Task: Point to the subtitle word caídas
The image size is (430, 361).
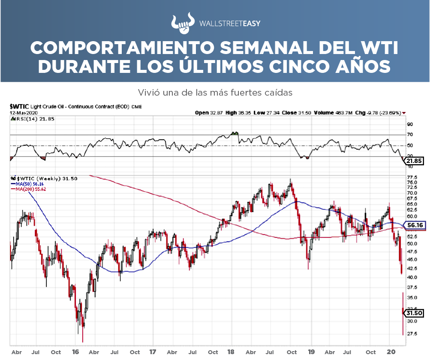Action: point(279,92)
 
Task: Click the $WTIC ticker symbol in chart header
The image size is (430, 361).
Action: point(19,107)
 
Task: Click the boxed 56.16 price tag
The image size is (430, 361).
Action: point(415,225)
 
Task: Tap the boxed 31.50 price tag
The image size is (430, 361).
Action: point(415,313)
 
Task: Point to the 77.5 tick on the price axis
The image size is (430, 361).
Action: point(412,177)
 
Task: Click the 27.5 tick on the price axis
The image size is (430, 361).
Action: point(412,334)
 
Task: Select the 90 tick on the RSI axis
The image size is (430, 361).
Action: point(410,124)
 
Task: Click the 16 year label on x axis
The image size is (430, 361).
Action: point(75,352)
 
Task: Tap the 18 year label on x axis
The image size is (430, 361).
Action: point(231,352)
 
